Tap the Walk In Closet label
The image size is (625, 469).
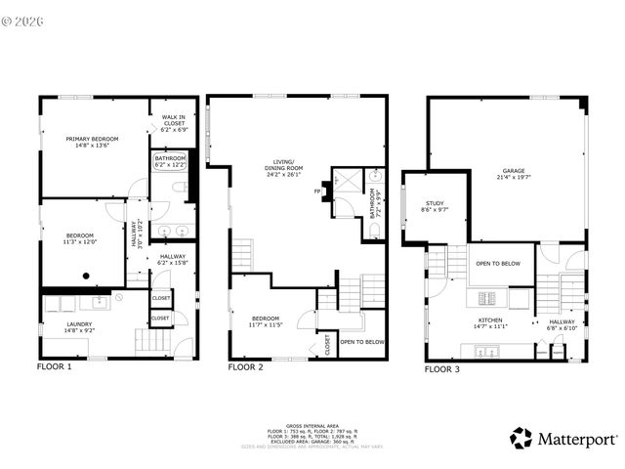coord(173,123)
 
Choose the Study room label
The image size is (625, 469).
coord(434,206)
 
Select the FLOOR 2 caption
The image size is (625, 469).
coord(246,367)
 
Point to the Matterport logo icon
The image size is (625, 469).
coord(521,439)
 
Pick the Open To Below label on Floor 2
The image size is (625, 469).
coord(362,341)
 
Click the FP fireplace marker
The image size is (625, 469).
coord(317,192)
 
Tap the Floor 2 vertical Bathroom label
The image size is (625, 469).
coord(375,205)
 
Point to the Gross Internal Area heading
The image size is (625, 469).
coord(312,427)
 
